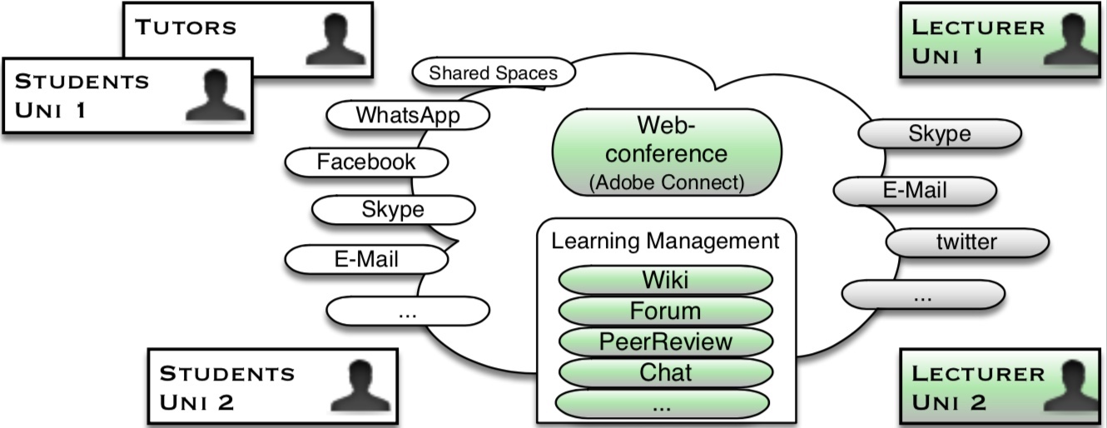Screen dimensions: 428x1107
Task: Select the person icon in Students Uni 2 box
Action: [x=357, y=387]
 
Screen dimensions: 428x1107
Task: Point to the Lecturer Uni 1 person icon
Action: [x=1070, y=41]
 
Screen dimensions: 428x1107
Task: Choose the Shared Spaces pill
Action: [x=494, y=73]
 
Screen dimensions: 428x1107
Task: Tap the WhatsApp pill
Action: [x=407, y=115]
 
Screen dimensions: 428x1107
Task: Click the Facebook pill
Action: [x=366, y=162]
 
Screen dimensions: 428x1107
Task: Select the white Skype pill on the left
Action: [x=392, y=209]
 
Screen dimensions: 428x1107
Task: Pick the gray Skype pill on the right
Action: [x=940, y=133]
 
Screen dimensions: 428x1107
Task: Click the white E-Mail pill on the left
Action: [x=366, y=259]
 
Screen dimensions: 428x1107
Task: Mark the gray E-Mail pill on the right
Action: [x=915, y=191]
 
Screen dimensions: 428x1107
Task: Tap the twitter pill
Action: [x=966, y=242]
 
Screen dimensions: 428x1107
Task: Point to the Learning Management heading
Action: [x=666, y=241]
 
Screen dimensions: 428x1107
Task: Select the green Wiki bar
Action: [x=665, y=280]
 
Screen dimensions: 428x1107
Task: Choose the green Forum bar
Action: [x=665, y=311]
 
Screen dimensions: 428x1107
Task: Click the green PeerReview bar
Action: [x=665, y=341]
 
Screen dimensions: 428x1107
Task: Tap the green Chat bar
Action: [x=665, y=372]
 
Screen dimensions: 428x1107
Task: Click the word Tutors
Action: [x=186, y=27]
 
